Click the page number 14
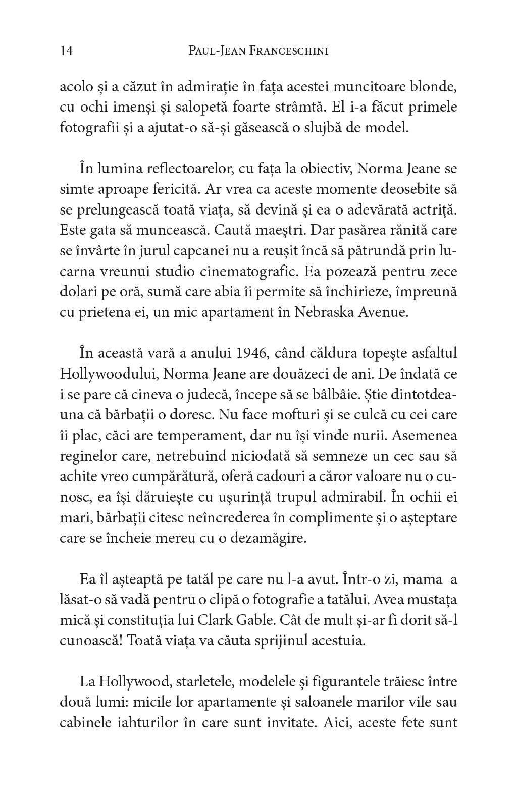(x=66, y=50)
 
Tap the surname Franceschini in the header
(x=281, y=50)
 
